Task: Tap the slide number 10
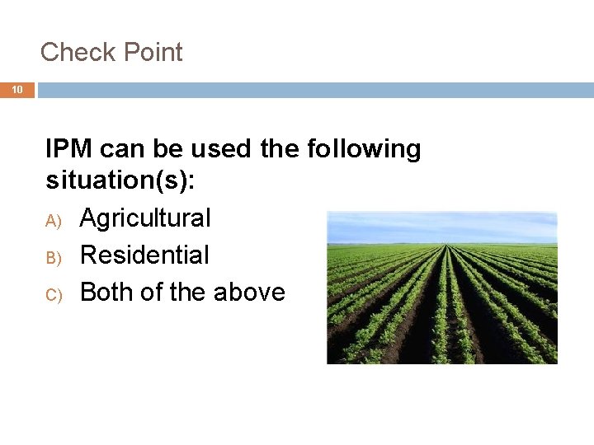[17, 90]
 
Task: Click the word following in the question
[363, 149]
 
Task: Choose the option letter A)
[54, 220]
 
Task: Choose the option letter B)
[54, 257]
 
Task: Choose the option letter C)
[54, 294]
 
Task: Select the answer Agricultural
[145, 218]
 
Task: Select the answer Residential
[144, 255]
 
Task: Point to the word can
[124, 149]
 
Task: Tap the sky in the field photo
[442, 224]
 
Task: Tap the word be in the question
[170, 149]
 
